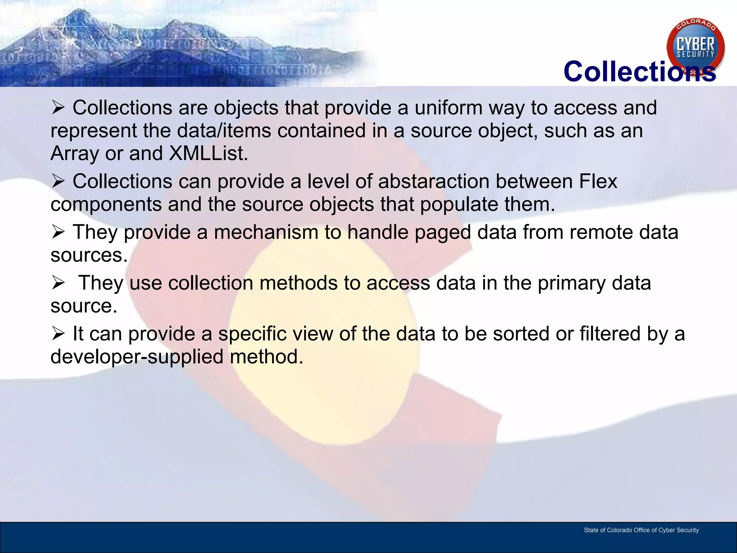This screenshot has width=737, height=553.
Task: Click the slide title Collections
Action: [x=639, y=71]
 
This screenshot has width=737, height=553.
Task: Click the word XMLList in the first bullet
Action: [x=208, y=153]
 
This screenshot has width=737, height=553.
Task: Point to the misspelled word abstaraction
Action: [x=434, y=181]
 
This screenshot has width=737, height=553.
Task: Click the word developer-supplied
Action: [x=137, y=357]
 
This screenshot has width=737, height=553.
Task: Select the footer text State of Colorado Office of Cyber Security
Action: [x=641, y=530]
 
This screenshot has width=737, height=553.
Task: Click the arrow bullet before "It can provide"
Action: [x=58, y=334]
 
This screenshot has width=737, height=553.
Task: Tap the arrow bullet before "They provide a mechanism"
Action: [x=58, y=232]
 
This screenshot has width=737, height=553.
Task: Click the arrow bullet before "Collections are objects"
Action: [x=58, y=108]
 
